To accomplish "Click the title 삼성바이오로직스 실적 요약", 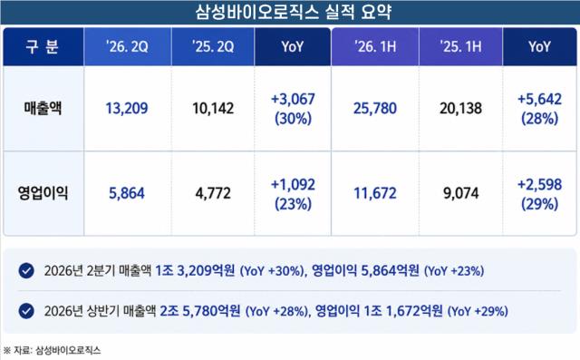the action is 293,12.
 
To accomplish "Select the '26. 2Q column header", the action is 127,46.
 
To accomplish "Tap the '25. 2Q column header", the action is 213,46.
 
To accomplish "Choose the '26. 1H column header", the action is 375,46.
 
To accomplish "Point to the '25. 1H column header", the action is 461,46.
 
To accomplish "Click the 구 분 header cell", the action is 43,47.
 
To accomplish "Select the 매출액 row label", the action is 43,108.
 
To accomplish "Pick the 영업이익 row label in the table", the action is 43,193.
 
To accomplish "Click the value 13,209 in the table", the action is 127,109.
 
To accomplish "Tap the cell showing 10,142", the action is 213,109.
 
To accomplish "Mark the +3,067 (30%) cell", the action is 293,109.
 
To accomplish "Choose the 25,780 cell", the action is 375,109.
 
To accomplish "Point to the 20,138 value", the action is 461,109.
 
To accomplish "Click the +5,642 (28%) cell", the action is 540,109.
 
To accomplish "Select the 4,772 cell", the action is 213,193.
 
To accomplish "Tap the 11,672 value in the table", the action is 375,193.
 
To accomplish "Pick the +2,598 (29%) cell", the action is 540,194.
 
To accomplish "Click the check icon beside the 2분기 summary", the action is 26,270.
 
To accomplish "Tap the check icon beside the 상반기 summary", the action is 26,311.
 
